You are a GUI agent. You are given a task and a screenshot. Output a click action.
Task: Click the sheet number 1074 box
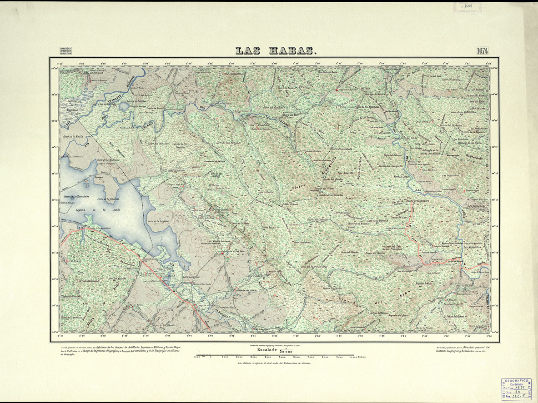[483, 50]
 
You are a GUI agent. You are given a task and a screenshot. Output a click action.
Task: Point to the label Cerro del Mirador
[159, 143]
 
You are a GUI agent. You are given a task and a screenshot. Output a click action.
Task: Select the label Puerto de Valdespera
[418, 200]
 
